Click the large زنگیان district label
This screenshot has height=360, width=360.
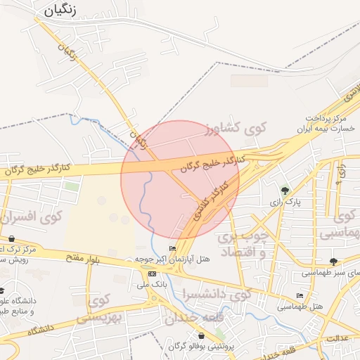(64, 10)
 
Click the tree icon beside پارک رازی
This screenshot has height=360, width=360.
(285, 190)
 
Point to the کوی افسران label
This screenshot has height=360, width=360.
(32, 217)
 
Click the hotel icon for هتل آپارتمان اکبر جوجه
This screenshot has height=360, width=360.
(173, 249)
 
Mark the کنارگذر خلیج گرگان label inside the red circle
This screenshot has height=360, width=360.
(213, 165)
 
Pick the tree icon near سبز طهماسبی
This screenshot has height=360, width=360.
(333, 262)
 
